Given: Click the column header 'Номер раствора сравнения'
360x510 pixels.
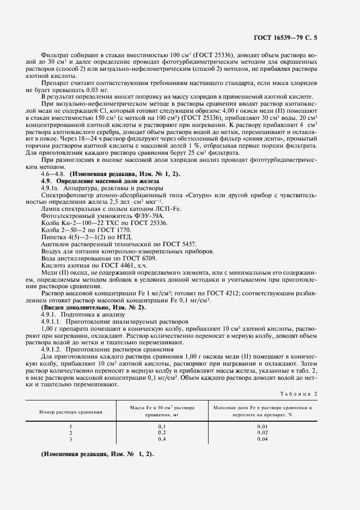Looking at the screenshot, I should [71, 412].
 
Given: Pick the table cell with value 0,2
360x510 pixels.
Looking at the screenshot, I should [162, 433].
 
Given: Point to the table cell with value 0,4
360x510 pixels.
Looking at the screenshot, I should [162, 439].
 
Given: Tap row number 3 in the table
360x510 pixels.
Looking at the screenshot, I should [71, 439].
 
